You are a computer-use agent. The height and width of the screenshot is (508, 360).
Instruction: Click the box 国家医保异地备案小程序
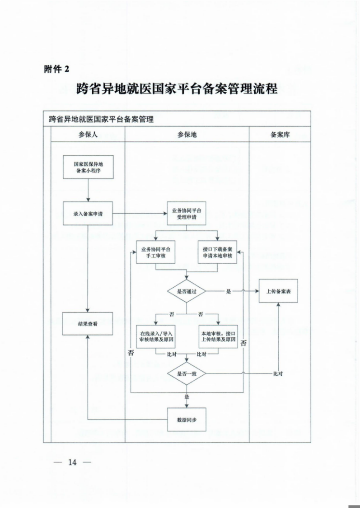pos(88,168)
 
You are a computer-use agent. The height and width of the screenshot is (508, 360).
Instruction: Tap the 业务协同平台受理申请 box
pos(187,214)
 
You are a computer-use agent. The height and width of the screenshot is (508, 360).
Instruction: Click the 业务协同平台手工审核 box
pos(155,252)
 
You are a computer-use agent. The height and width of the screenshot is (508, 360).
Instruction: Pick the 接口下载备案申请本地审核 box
pos(217,252)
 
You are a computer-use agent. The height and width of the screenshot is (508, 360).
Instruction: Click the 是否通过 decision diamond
pos(187,292)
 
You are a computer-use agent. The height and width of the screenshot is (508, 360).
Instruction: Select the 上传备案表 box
pos(278,292)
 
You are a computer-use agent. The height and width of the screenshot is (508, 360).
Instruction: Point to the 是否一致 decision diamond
pos(187,374)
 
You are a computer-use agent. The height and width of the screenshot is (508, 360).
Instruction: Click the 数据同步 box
pos(187,419)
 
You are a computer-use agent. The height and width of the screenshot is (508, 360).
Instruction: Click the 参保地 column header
pos(187,135)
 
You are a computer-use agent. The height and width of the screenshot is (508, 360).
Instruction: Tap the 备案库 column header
pos(280,135)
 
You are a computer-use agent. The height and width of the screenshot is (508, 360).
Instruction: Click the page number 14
pos(73,462)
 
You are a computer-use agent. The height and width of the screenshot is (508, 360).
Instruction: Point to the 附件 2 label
pos(56,69)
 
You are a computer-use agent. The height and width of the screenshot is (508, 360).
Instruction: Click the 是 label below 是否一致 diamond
pos(187,396)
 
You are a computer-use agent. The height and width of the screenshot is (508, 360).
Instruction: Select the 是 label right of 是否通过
pos(229,292)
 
